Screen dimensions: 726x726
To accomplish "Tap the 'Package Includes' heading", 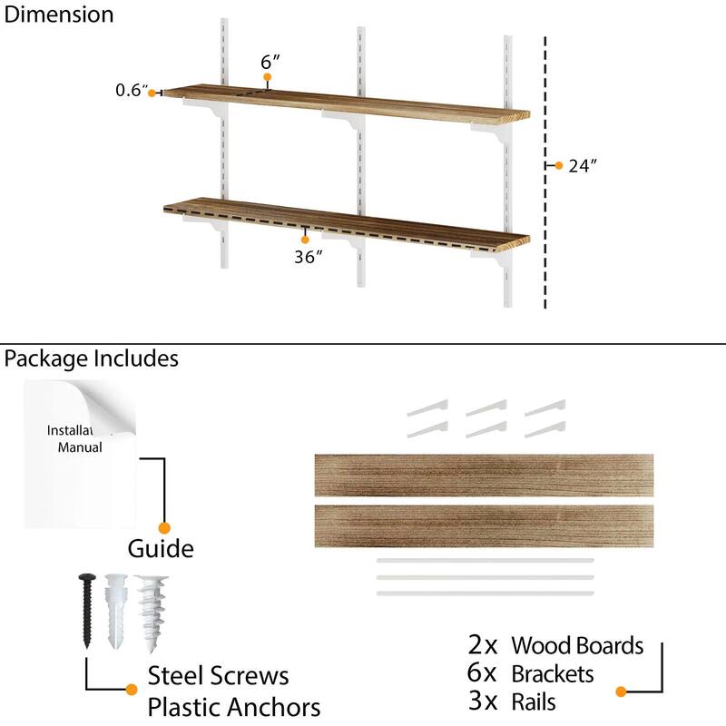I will pos(91,358).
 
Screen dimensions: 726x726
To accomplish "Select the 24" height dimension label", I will pos(584,166).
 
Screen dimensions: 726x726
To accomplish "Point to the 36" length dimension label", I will pos(309,257).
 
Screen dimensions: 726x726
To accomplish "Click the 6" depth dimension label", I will pos(270,62).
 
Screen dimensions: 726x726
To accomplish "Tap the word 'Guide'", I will pos(160,549).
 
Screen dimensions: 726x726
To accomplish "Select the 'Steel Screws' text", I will pos(218,675).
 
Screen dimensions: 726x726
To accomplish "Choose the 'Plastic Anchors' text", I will pos(234,706).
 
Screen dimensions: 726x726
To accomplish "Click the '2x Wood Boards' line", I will pos(555,645).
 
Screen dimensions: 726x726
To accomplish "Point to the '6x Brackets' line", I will pos(531,673).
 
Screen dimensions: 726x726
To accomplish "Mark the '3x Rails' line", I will pos(513,701).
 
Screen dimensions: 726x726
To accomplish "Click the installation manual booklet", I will pos(80,454).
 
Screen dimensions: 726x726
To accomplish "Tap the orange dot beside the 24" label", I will pos(559,166).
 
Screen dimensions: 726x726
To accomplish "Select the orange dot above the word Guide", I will pos(164,527).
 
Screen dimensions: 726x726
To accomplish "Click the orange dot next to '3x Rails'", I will pos(621,692).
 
